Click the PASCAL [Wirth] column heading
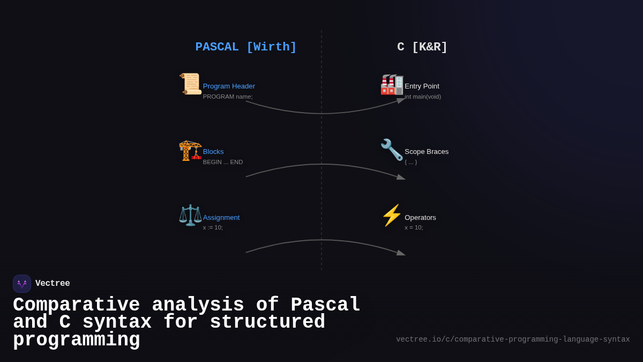point(246,47)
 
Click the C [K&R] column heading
point(422,47)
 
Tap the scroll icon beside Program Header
point(190,84)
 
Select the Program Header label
point(229,86)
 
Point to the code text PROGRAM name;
point(228,97)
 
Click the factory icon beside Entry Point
point(392,84)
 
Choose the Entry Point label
point(422,86)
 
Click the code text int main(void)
point(423,97)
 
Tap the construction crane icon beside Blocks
point(190,150)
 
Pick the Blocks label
point(213,152)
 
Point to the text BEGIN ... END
point(223,162)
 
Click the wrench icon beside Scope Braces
point(392,150)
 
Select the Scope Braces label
point(427,152)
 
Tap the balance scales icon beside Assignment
point(190,216)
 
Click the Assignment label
point(221,218)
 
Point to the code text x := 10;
point(213,227)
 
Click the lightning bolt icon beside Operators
point(392,216)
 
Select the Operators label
point(420,218)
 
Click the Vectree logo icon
point(22,284)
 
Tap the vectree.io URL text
point(513,339)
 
